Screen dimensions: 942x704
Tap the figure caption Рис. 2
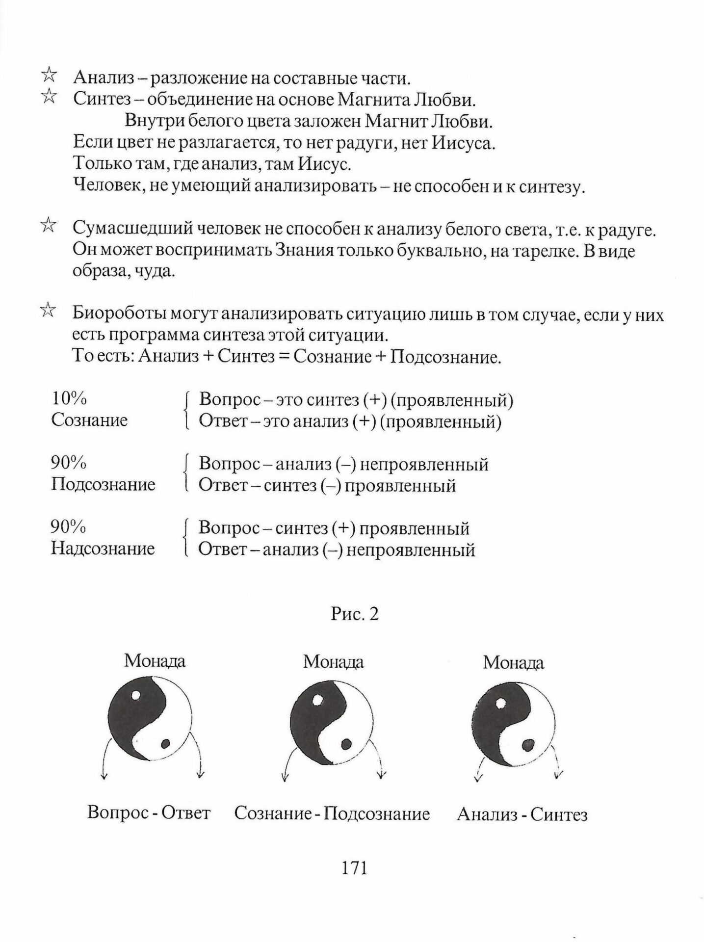(x=354, y=614)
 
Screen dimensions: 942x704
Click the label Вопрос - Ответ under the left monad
(x=149, y=812)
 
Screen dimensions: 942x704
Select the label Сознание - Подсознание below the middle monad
(x=332, y=813)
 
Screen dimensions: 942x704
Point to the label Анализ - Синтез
(x=522, y=815)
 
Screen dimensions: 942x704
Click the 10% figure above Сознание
(x=69, y=398)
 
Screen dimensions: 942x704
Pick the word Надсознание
(x=103, y=548)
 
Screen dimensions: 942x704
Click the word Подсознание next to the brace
(x=103, y=484)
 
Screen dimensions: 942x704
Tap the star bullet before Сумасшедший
(x=48, y=226)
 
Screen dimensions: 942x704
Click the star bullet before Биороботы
(x=48, y=311)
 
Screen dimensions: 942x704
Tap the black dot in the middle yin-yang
(x=346, y=744)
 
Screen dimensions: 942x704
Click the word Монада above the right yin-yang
(x=513, y=663)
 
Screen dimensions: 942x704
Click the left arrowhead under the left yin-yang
(x=104, y=776)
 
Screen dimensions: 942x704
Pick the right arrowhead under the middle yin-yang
(x=381, y=776)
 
